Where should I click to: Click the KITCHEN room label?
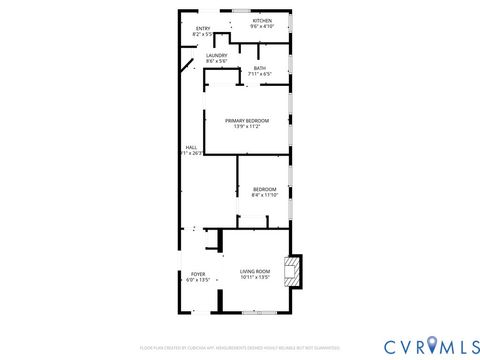coord(262,20)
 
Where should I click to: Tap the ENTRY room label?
coord(203,28)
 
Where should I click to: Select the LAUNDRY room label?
coord(217,55)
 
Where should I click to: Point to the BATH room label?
coord(259,67)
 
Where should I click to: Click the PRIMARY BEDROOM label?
coord(246,120)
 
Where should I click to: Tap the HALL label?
coord(190,148)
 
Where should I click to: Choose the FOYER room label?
coord(198,274)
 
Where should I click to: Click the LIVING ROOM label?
coord(255,271)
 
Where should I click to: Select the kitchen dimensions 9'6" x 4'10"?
coord(262,26)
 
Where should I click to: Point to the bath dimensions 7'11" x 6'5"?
coord(259,73)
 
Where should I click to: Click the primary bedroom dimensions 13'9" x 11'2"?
coord(246,126)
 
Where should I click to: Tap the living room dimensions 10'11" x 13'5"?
coord(255,277)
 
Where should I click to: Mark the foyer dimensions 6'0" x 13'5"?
coord(198,280)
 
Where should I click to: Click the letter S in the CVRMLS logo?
coord(467,345)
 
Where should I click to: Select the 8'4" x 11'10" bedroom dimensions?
coord(264,195)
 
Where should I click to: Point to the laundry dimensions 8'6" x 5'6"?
coord(217,61)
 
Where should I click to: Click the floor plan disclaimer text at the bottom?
coord(240,347)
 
